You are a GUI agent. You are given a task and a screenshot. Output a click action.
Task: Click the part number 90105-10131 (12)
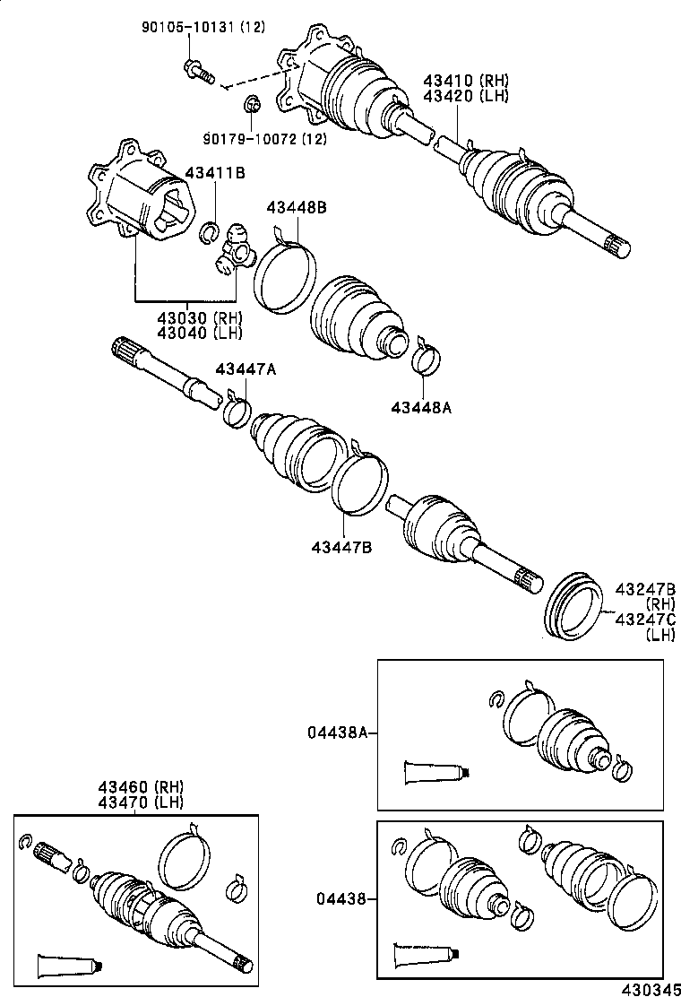[203, 28]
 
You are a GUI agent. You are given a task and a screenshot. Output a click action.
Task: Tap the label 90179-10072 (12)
[264, 138]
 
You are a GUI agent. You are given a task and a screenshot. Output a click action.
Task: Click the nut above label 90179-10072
[252, 104]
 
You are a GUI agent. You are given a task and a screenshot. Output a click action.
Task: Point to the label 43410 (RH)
[466, 81]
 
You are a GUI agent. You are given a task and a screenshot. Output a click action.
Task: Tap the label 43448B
[296, 208]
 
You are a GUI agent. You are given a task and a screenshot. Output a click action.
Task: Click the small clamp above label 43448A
[427, 359]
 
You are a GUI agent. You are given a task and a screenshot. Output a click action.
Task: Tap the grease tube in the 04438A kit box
[436, 770]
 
